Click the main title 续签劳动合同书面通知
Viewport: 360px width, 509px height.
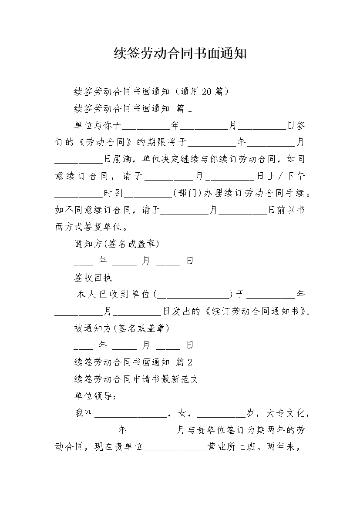(180, 54)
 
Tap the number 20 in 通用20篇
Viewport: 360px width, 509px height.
(207, 92)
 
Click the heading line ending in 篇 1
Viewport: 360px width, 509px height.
(133, 109)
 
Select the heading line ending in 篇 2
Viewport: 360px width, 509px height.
(133, 362)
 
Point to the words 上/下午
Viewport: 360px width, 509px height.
(286, 176)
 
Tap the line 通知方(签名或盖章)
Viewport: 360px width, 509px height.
(117, 244)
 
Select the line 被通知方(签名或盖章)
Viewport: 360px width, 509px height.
(122, 328)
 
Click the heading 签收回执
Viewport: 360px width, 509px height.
(93, 278)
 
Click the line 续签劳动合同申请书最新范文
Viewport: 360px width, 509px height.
(136, 379)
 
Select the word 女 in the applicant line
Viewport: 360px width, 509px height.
(182, 413)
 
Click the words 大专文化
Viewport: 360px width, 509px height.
(285, 413)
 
